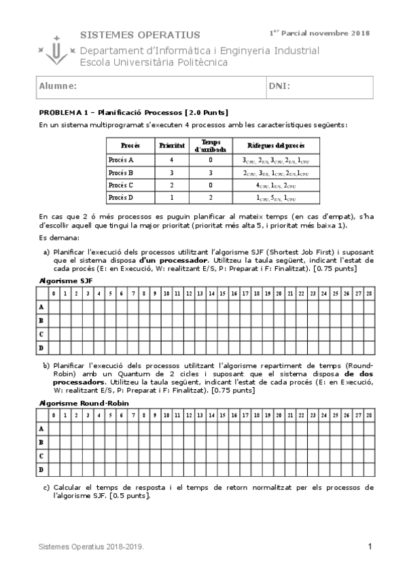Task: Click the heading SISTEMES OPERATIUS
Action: (140, 35)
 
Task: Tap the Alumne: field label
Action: (57, 87)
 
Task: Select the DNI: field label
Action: (280, 87)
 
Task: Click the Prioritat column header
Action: (172, 145)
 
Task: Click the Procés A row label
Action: (122, 160)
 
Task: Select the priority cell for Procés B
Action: (172, 173)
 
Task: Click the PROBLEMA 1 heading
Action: (133, 112)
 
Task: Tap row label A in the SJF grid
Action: (41, 307)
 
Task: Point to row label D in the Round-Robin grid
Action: (41, 469)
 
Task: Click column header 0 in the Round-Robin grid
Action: (54, 415)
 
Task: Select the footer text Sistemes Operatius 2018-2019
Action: (90, 547)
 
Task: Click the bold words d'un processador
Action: (173, 260)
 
